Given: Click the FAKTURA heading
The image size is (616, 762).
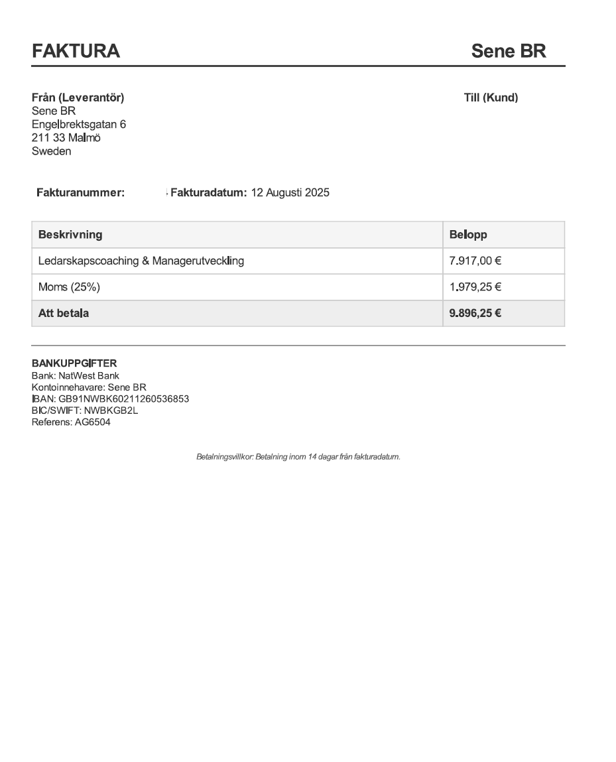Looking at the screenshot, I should click(x=76, y=51).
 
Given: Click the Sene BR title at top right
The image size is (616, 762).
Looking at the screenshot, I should click(x=508, y=51).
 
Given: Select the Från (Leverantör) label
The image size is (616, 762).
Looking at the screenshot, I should click(x=78, y=97).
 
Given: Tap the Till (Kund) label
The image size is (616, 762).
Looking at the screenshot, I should click(x=491, y=97).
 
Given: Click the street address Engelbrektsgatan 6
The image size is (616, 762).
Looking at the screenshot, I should click(x=79, y=124).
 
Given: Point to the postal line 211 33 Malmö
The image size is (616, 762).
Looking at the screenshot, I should click(x=66, y=138).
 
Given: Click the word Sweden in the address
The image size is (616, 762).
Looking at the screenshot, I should click(x=51, y=151).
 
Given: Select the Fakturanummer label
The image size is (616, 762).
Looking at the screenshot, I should click(x=80, y=193).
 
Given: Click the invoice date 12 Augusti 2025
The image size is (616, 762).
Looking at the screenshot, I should click(x=290, y=193).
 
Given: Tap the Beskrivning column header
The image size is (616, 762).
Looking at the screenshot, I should click(x=70, y=235).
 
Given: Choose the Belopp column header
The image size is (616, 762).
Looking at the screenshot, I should click(x=467, y=235).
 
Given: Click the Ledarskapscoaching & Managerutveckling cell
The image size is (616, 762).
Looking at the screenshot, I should click(x=141, y=261).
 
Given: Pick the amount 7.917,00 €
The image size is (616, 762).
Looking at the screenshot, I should click(x=475, y=261).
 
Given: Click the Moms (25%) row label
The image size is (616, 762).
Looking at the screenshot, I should click(x=69, y=287).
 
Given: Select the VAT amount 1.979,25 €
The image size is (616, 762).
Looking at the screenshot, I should click(x=475, y=287).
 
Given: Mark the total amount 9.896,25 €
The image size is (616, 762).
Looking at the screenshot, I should click(x=475, y=313).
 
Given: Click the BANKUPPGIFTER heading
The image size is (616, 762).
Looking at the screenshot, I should click(x=74, y=363).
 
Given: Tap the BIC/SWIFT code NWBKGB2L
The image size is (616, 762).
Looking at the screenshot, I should click(x=111, y=411).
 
